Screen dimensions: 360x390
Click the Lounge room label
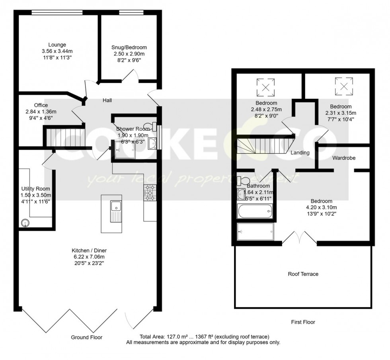click(x=57, y=45)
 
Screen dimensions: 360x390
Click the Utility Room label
click(x=36, y=189)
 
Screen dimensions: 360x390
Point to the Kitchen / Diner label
click(x=89, y=250)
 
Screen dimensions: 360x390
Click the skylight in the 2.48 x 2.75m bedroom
click(x=265, y=87)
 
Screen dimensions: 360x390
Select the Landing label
click(x=300, y=153)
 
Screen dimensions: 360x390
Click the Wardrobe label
click(x=344, y=158)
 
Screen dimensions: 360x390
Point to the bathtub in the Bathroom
click(x=255, y=211)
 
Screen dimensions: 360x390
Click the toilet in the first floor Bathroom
click(x=242, y=180)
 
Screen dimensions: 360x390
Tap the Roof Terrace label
click(x=303, y=274)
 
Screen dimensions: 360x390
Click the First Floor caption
click(x=303, y=322)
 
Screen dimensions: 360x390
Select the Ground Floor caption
click(x=86, y=337)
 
